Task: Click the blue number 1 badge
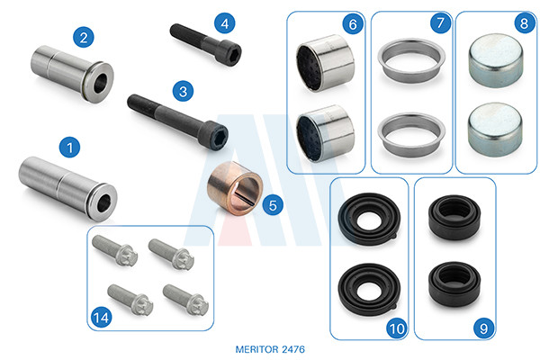(x=69, y=148)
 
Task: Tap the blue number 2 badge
(x=84, y=37)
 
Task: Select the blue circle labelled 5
(x=273, y=205)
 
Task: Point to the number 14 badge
(x=101, y=318)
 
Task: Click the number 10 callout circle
(x=396, y=328)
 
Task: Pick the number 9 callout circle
(x=483, y=328)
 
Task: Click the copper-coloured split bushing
(x=235, y=188)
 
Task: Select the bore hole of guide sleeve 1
(x=103, y=202)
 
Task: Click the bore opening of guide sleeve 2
(x=100, y=83)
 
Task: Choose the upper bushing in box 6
(x=325, y=63)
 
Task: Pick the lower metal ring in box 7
(x=411, y=134)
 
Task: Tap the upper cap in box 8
(x=496, y=60)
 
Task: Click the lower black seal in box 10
(x=369, y=290)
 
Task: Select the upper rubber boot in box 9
(x=454, y=217)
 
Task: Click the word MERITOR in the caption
(x=256, y=349)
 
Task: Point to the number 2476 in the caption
(x=293, y=349)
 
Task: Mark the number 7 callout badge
(x=440, y=22)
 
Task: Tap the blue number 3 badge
(x=183, y=91)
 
